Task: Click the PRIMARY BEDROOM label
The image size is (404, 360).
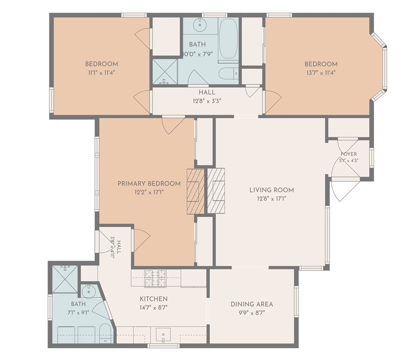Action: [x=149, y=184]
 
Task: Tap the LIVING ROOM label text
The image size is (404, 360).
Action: [x=271, y=190]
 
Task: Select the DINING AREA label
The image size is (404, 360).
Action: [x=252, y=304]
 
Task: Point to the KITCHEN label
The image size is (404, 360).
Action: [x=154, y=299]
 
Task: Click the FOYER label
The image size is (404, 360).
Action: [x=348, y=154]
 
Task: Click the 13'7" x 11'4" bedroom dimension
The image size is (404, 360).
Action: [x=321, y=73]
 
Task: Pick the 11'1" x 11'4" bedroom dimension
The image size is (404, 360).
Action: [x=101, y=73]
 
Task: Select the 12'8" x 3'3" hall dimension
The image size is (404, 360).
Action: [x=207, y=101]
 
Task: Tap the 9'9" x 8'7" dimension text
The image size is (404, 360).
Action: [x=252, y=313]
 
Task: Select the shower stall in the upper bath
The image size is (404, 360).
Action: [x=165, y=71]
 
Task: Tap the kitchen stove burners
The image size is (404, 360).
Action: [x=155, y=278]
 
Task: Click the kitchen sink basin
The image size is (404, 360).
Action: [x=163, y=335]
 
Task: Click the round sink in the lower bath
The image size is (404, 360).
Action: [x=88, y=291]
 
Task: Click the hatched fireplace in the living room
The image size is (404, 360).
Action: [x=216, y=191]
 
